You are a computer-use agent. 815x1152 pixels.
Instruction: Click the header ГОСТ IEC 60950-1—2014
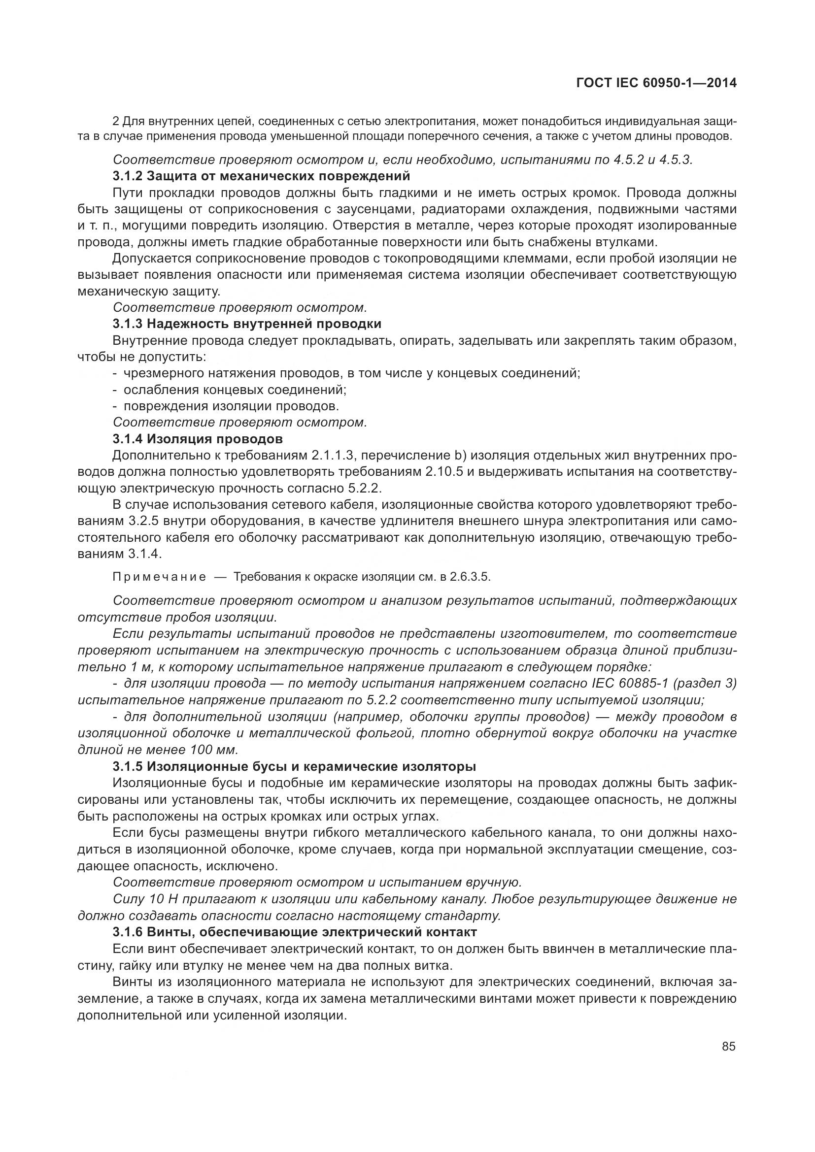[x=657, y=83]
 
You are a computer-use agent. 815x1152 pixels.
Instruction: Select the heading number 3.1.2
[x=128, y=176]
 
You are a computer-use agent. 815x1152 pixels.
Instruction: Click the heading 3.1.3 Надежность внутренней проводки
[x=247, y=324]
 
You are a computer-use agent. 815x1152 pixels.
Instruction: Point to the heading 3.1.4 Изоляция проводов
[x=198, y=439]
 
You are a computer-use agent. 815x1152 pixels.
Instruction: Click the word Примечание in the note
[x=159, y=577]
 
